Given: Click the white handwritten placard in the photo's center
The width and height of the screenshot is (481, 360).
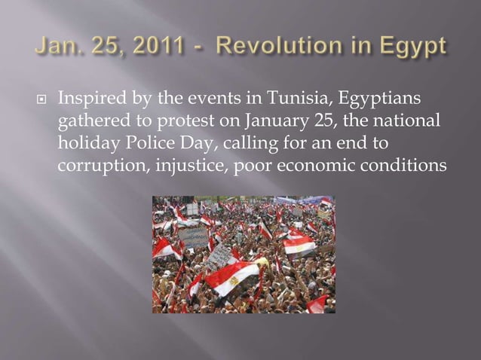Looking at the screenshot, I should coord(219,256).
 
